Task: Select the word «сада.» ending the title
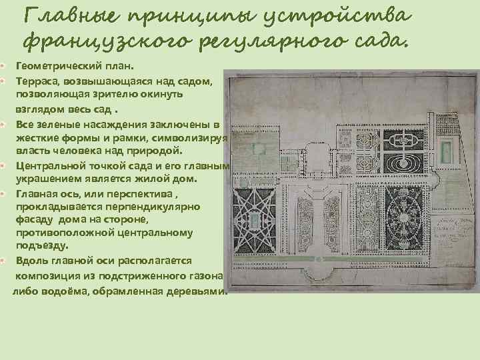point(376,42)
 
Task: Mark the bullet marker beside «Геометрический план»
point(4,67)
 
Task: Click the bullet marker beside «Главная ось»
point(4,193)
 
